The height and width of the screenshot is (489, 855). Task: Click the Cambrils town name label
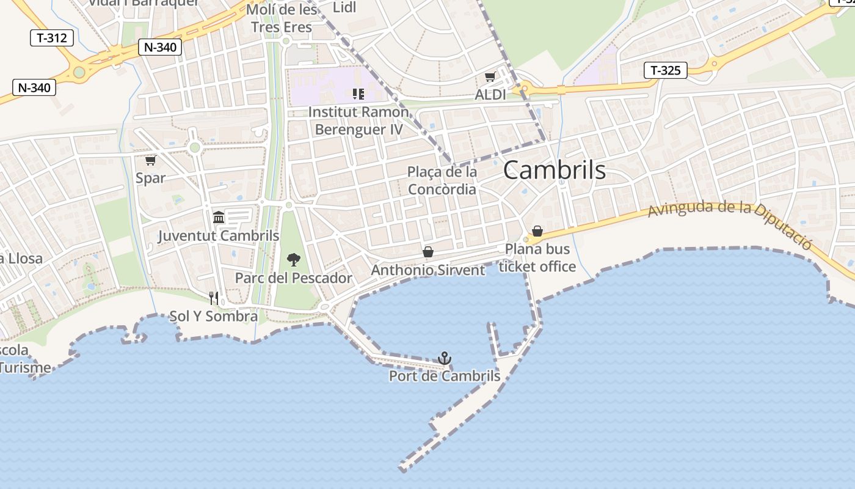(x=555, y=171)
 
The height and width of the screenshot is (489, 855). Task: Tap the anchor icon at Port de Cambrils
(x=445, y=358)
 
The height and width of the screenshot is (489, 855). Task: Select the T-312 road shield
(x=52, y=38)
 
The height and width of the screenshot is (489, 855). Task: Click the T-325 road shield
(x=666, y=70)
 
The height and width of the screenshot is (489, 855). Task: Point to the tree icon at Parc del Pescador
(x=294, y=260)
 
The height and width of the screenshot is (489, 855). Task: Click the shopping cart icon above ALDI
(x=490, y=77)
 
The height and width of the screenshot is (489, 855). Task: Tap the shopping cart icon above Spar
(x=150, y=160)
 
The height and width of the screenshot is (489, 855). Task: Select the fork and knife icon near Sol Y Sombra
(x=214, y=298)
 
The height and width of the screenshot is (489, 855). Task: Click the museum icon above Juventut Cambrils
(x=219, y=217)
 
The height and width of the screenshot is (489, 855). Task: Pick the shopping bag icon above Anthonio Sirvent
(x=428, y=252)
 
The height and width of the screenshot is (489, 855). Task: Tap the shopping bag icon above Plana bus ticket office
(x=537, y=231)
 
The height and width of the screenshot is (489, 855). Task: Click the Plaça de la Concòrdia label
(x=442, y=181)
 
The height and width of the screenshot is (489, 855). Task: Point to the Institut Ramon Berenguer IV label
(x=358, y=121)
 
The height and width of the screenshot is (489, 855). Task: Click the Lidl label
(x=344, y=8)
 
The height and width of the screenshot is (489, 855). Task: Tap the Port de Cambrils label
(x=445, y=376)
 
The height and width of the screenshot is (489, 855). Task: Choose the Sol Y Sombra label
(x=213, y=317)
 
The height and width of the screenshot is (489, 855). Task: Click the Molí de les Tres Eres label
(x=282, y=19)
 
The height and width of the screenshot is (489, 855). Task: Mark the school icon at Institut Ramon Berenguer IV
(x=358, y=94)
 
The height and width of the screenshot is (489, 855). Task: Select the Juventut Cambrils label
(x=219, y=236)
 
